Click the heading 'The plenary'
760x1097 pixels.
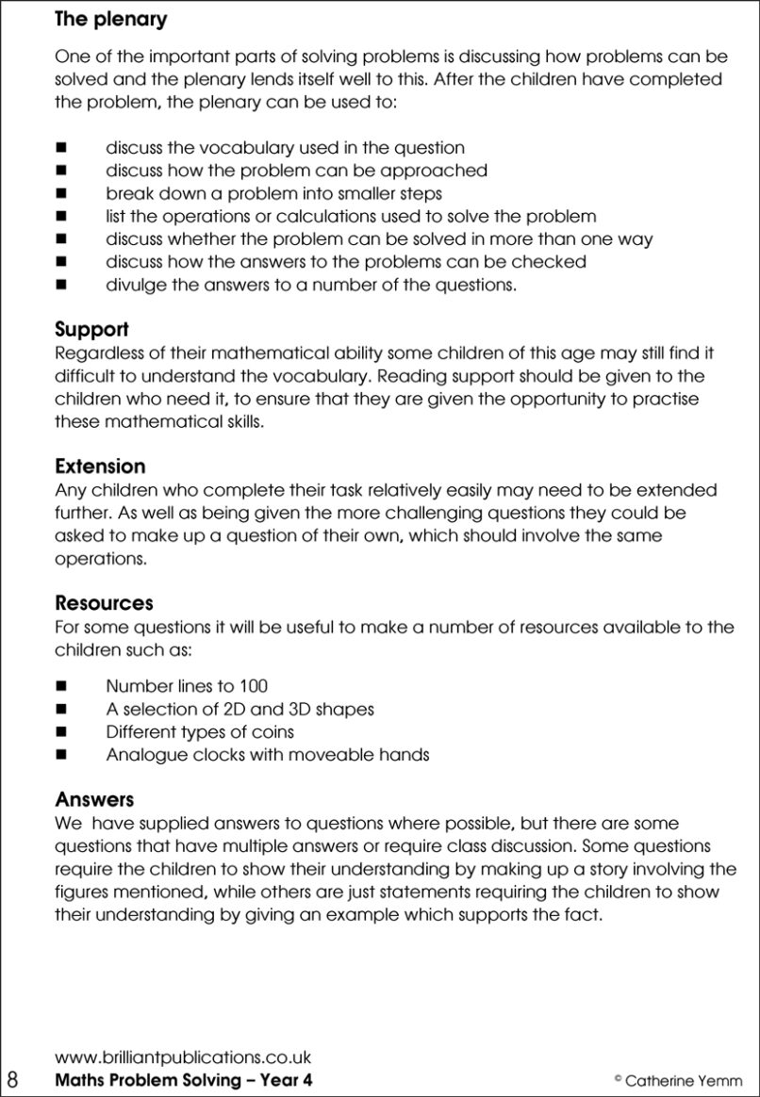point(110,19)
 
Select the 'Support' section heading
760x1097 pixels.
point(91,330)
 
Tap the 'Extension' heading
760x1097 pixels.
point(100,467)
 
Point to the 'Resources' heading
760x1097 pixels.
point(104,603)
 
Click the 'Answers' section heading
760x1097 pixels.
point(94,800)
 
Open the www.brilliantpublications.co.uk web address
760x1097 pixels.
point(183,1057)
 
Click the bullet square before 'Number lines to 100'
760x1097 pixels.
point(62,687)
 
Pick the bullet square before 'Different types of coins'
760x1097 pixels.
point(62,732)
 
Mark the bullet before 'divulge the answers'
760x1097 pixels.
point(62,285)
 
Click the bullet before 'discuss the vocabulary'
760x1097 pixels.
point(62,148)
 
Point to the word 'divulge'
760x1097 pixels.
point(135,285)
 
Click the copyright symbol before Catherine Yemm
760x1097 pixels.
point(618,1078)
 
